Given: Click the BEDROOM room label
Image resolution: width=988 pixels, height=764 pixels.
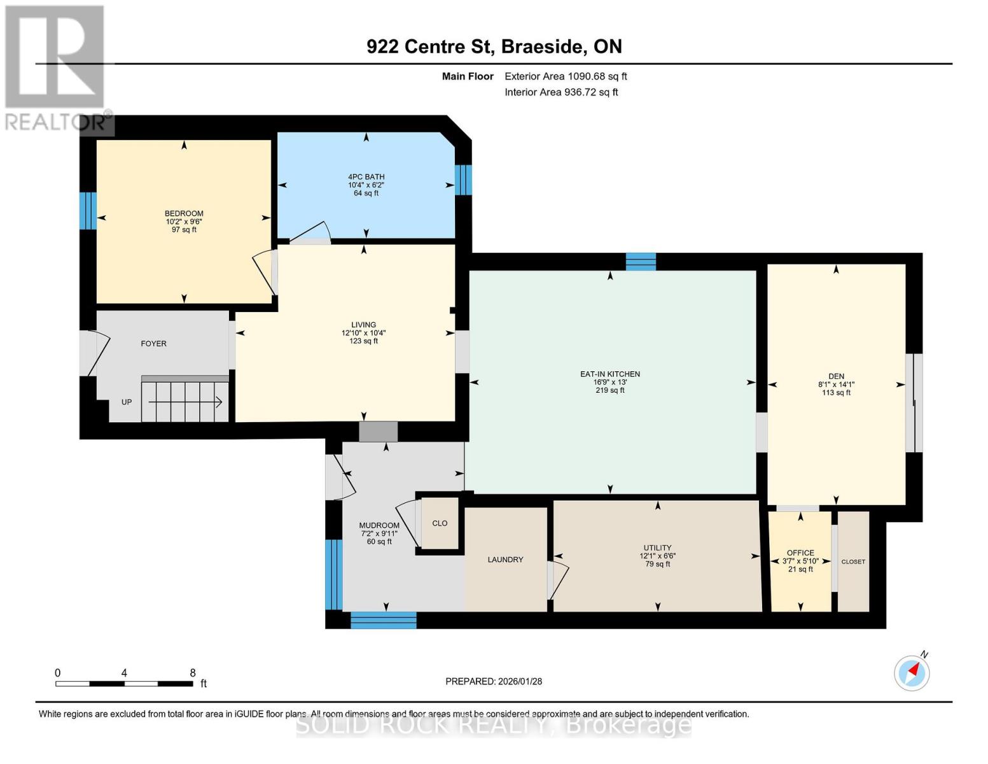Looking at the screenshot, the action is pyautogui.click(x=184, y=213).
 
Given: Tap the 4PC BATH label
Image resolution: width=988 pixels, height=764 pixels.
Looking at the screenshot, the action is pyautogui.click(x=366, y=176).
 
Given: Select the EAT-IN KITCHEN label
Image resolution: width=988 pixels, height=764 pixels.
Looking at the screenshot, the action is pyautogui.click(x=609, y=374).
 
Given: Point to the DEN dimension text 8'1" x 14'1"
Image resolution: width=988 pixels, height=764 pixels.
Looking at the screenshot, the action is pyautogui.click(x=836, y=385).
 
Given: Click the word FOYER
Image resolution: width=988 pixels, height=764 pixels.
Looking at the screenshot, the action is pyautogui.click(x=154, y=344).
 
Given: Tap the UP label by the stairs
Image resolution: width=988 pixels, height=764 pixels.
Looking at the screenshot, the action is pyautogui.click(x=127, y=402).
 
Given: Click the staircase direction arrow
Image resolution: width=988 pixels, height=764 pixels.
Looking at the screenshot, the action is pyautogui.click(x=185, y=402).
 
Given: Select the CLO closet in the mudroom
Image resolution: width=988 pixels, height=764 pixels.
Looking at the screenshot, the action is pyautogui.click(x=440, y=523).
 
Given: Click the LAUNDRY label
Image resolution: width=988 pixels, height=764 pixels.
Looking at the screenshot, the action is pyautogui.click(x=505, y=560).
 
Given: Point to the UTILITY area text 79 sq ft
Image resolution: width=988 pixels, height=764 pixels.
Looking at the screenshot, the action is pyautogui.click(x=657, y=564).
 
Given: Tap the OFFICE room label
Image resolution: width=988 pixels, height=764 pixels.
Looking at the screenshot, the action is pyautogui.click(x=800, y=553).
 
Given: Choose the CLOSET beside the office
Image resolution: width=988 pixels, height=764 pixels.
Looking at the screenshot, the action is pyautogui.click(x=853, y=562).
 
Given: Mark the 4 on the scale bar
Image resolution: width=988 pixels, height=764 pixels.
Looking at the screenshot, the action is pyautogui.click(x=124, y=673).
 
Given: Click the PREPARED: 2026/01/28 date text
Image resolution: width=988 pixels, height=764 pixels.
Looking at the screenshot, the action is pyautogui.click(x=494, y=681).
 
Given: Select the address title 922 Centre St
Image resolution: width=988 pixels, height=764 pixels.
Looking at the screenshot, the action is pyautogui.click(x=430, y=46).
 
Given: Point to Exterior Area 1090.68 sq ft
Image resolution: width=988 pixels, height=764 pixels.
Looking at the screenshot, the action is pyautogui.click(x=566, y=76).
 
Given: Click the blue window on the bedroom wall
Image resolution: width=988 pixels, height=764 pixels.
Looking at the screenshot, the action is pyautogui.click(x=88, y=211).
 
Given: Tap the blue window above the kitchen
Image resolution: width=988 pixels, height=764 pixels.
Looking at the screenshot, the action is pyautogui.click(x=641, y=262).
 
